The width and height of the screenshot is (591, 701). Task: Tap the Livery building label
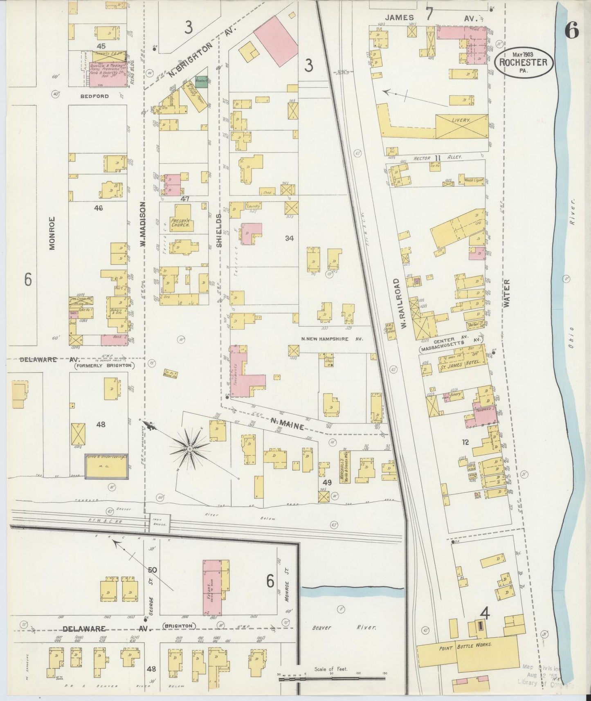(x=461, y=121)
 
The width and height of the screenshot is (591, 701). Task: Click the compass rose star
(x=189, y=449)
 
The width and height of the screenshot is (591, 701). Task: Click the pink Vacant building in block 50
(x=212, y=587)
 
